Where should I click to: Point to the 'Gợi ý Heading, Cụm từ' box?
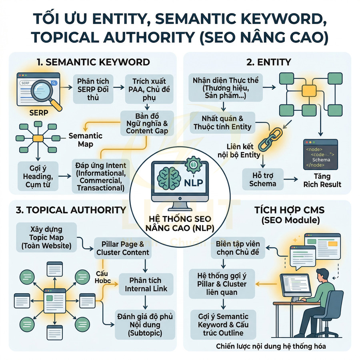tap(38, 176)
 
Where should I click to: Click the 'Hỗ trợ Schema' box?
tap(263, 179)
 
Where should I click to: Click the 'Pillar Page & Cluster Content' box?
tap(122, 248)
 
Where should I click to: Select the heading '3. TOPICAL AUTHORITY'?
tap(70, 210)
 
